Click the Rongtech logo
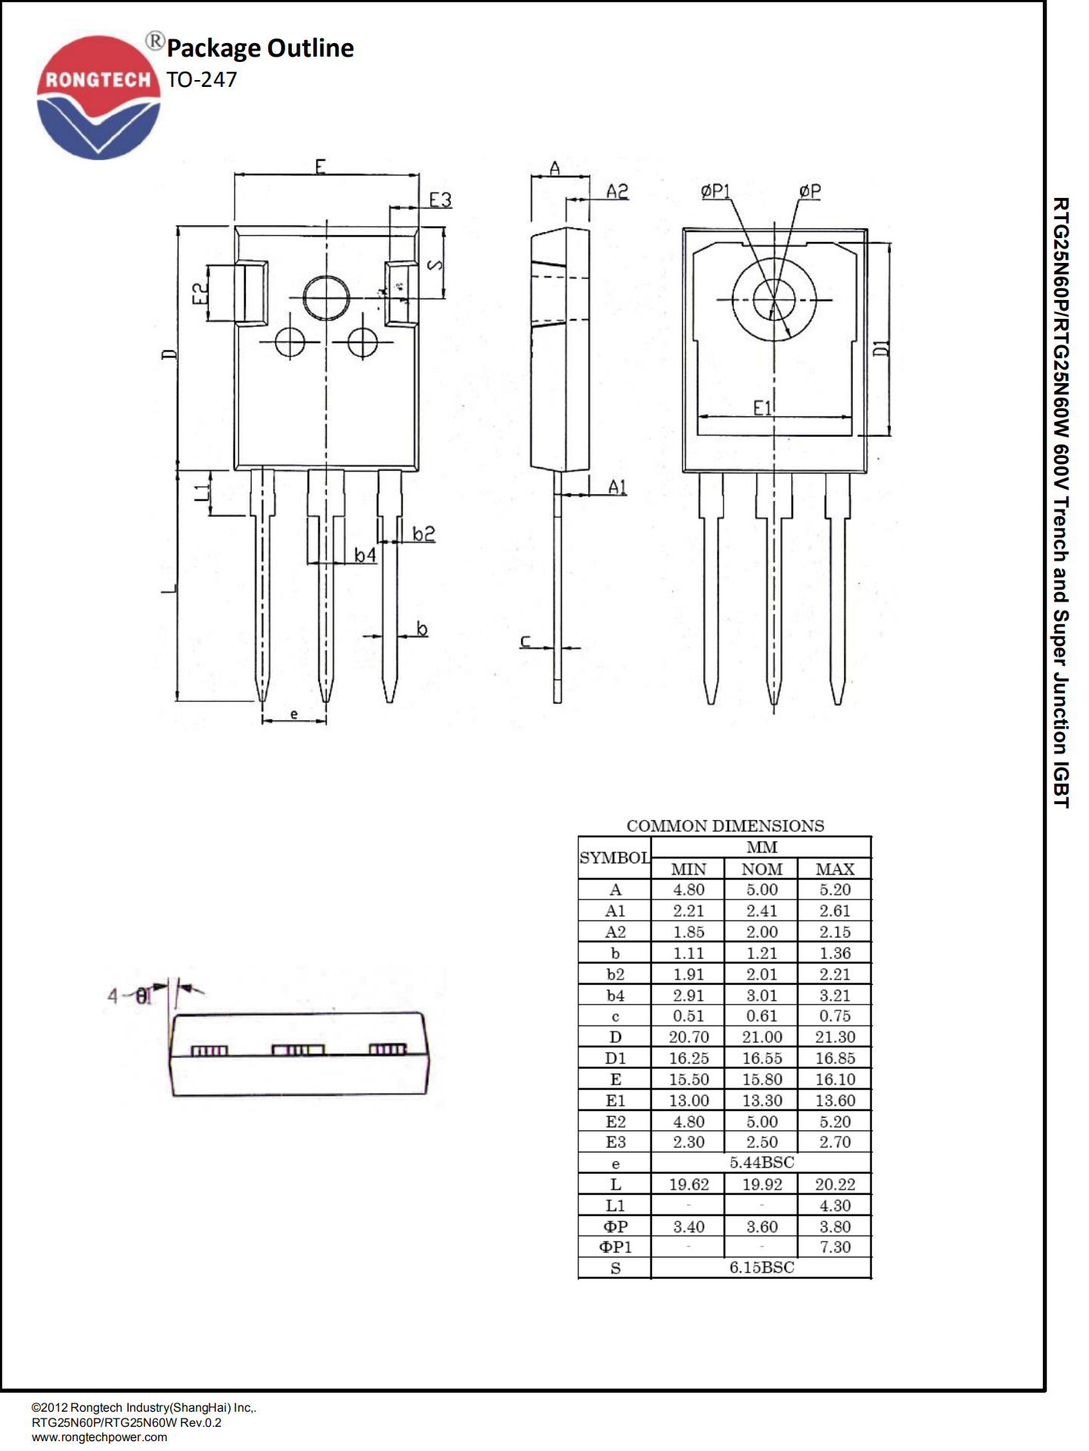98,97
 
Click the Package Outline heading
259,48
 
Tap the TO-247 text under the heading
201,79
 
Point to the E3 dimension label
440,200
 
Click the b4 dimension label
365,555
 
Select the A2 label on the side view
617,191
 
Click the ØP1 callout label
715,191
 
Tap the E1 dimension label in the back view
762,408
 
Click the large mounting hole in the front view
326,297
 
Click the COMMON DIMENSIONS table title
724,825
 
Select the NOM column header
762,869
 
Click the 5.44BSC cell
762,1162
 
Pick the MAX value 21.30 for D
835,1037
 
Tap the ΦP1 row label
615,1247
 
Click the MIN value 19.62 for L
688,1184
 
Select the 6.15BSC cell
762,1267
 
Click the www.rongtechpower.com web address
99,1437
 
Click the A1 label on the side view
617,487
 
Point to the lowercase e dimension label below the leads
294,713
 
